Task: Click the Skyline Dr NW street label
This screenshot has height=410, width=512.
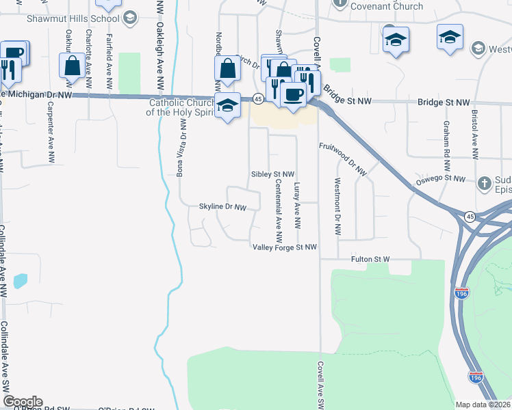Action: coord(222,206)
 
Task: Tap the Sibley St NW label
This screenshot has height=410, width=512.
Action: coord(272,175)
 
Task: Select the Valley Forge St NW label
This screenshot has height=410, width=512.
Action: coord(285,247)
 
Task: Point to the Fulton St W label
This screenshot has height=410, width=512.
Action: coord(370,260)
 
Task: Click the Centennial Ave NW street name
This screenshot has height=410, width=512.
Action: coord(279,212)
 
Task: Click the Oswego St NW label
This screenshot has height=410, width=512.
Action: coord(441,180)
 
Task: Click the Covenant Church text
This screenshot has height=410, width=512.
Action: coord(386,7)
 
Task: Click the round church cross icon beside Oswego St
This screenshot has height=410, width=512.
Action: coord(485,182)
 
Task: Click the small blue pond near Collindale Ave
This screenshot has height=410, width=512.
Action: coord(21,280)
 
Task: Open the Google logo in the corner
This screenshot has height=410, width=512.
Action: coord(23,402)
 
